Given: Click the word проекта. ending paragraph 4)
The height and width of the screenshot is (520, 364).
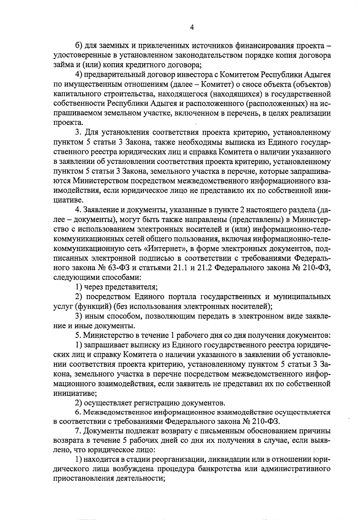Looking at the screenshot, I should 64,123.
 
